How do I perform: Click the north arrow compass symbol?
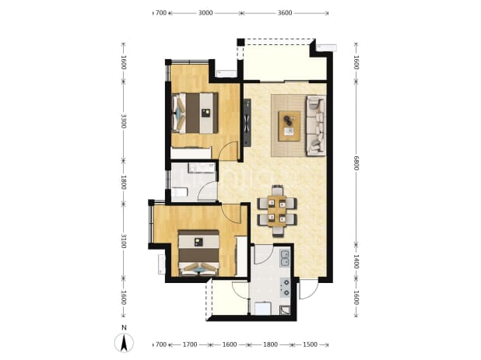coord(124,343)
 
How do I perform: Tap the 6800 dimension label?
coord(356,163)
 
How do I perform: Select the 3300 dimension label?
coord(123,121)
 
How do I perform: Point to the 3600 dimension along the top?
coord(285,13)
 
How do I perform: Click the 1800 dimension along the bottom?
coord(270,344)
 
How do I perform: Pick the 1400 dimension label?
coord(356,261)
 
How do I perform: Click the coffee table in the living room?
coord(289,126)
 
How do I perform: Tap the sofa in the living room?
coord(316,125)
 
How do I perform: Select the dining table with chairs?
coord(277,211)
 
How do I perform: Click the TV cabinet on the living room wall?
coord(247,123)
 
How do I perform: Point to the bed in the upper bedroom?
coord(195,113)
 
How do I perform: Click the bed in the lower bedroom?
coord(198,253)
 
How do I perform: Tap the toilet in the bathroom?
coord(180,192)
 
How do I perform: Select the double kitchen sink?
coord(285,257)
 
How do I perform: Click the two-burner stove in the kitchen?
coord(286,288)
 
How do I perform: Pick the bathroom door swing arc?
coord(207,190)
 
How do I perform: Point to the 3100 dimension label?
coord(123,241)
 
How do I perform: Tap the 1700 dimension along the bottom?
coord(190,344)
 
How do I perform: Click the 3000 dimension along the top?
coord(205,13)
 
